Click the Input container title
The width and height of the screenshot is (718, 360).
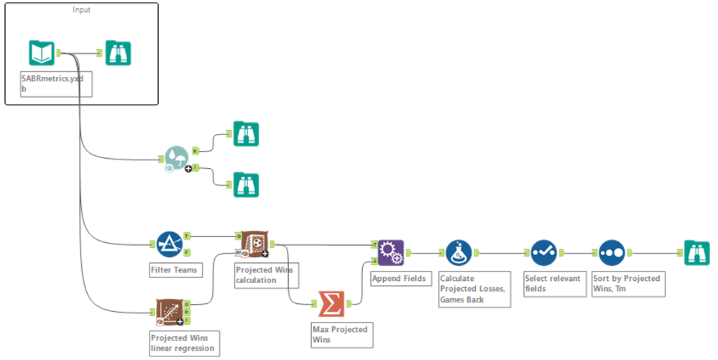81,9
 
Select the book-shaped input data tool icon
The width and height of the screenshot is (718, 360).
42,52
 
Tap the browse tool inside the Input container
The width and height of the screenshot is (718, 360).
118,52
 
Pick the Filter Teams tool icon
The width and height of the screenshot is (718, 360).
169,244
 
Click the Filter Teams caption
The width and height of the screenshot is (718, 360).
173,271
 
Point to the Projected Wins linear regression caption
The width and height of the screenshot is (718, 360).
182,342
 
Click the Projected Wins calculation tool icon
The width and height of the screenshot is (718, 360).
252,244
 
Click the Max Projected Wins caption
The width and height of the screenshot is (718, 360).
339,334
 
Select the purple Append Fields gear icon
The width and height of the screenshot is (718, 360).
391,252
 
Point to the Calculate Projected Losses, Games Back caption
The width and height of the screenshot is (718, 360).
473,289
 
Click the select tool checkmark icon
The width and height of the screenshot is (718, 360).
544,252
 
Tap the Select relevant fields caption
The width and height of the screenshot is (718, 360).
553,284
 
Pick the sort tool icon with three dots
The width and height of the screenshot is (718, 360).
611,252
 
